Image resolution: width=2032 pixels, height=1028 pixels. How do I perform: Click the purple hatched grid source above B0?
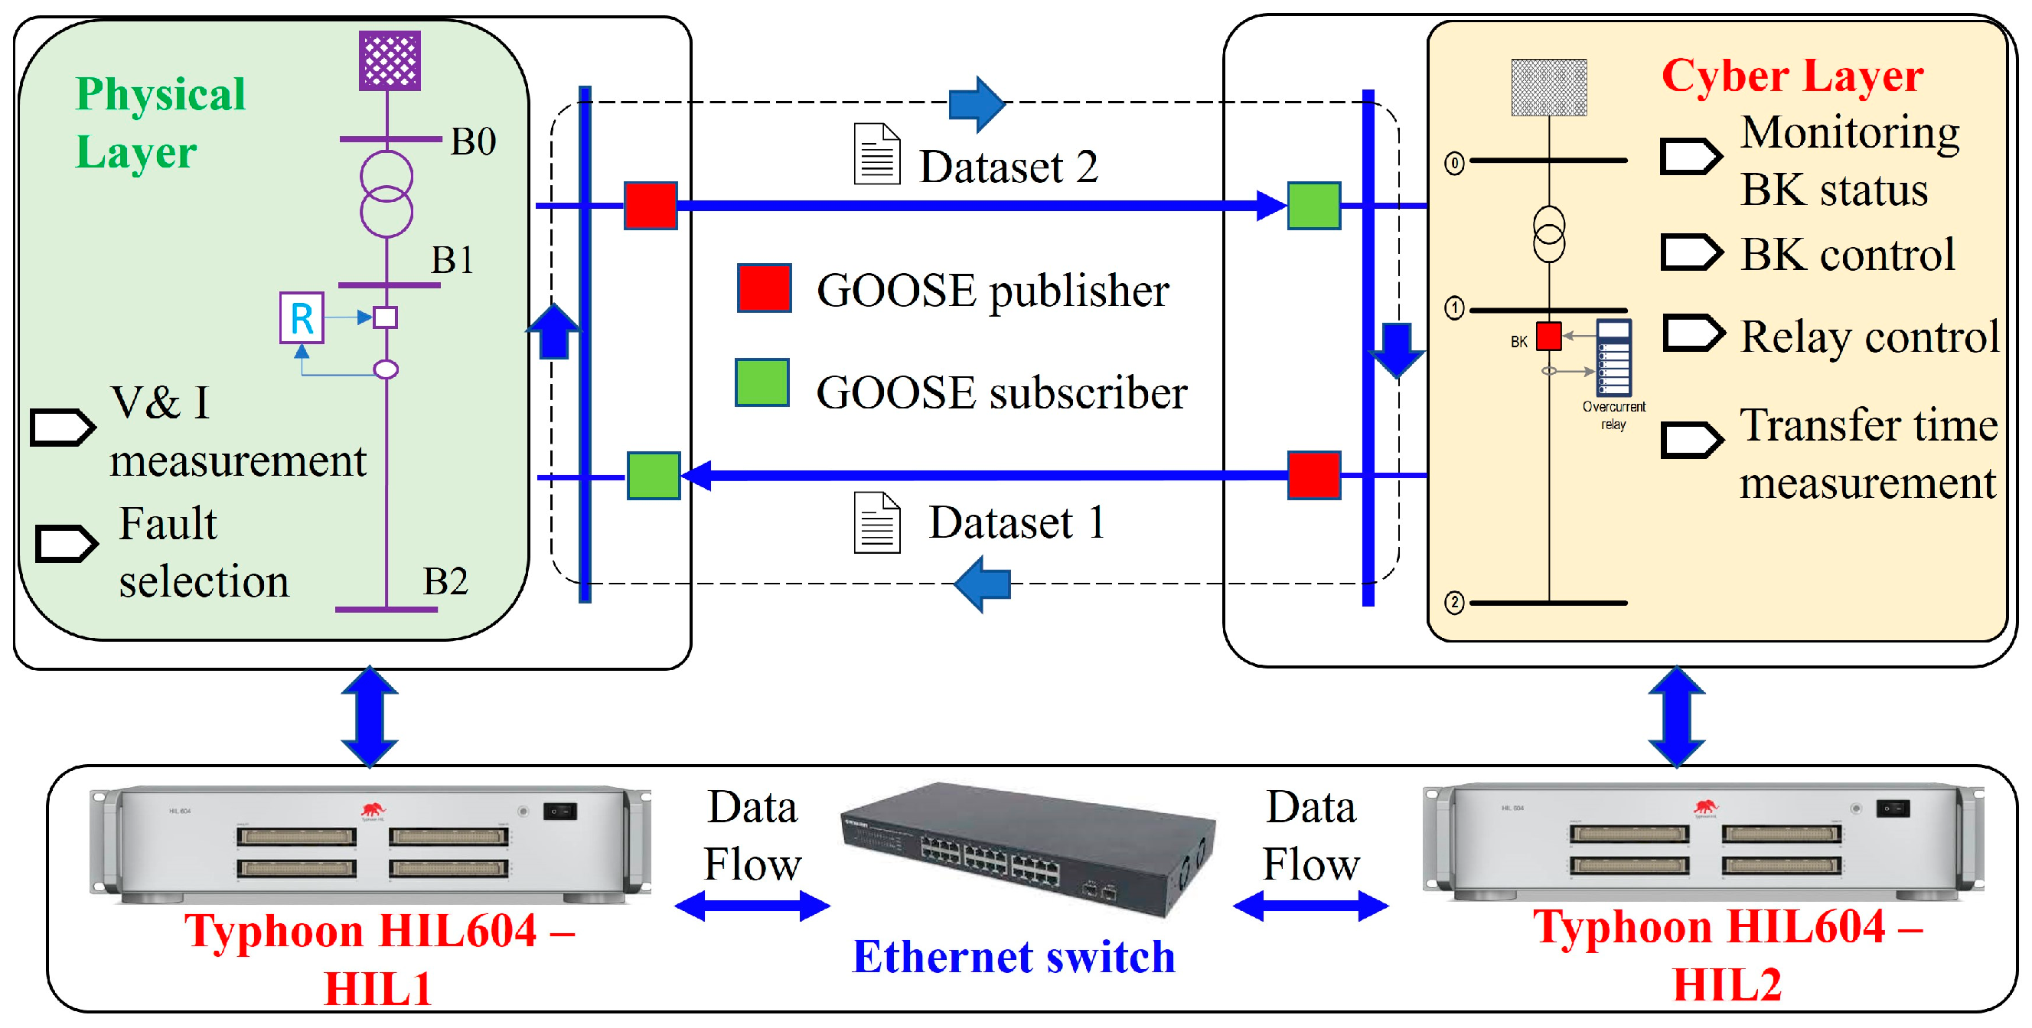(390, 60)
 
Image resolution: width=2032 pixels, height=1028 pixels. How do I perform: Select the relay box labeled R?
(302, 317)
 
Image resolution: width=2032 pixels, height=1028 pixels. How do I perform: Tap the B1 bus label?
(452, 259)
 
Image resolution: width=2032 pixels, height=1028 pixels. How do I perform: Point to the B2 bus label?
(445, 581)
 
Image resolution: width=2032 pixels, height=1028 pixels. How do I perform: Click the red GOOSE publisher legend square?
(764, 288)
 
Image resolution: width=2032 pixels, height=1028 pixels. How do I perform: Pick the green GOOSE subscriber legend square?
(762, 382)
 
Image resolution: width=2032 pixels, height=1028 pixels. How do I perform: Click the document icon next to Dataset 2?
(876, 155)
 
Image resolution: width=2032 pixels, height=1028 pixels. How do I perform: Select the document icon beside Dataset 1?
(876, 522)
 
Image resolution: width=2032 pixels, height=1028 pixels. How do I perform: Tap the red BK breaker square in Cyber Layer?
(1548, 336)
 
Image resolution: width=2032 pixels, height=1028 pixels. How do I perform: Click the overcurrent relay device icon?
(1613, 357)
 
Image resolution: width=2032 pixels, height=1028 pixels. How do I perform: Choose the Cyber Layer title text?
(1792, 76)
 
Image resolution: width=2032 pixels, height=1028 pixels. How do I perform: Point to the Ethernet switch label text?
(1013, 957)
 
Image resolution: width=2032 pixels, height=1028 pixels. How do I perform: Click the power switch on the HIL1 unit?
(559, 812)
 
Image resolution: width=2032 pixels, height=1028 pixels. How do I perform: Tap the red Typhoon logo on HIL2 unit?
(1704, 805)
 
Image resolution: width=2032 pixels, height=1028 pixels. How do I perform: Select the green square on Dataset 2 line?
(1313, 206)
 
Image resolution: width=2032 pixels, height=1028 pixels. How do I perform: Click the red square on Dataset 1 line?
(1313, 475)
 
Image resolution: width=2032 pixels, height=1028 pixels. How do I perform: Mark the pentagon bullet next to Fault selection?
(67, 543)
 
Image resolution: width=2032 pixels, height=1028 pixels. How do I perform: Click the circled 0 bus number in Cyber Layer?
(1454, 163)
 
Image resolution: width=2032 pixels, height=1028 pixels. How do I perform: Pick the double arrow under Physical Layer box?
(369, 717)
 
